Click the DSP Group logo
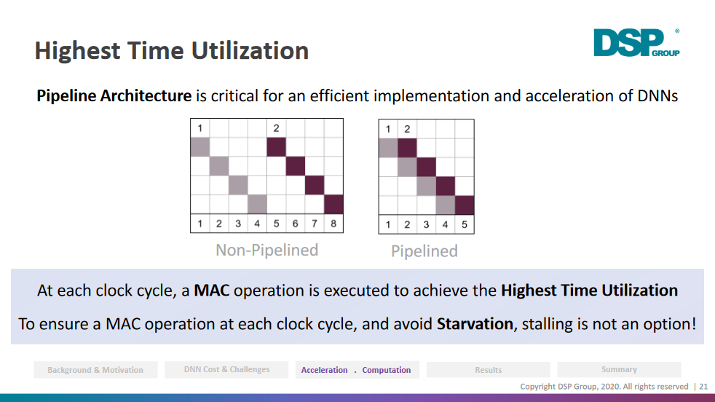(636, 43)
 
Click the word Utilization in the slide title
(250, 50)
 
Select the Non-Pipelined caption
(266, 250)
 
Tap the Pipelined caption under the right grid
(424, 251)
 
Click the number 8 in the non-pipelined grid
(333, 224)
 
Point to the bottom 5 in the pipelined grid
(465, 224)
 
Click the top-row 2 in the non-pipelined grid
(276, 128)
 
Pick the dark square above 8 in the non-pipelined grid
(333, 204)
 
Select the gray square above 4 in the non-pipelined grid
(257, 204)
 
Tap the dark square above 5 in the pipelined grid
(465, 205)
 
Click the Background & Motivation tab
(95, 370)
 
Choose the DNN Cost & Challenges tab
(226, 370)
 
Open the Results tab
(489, 370)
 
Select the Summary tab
(619, 370)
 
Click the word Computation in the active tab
(387, 370)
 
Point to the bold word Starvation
(475, 324)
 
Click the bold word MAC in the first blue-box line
(212, 291)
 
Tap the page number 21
(703, 387)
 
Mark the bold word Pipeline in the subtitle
(66, 96)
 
